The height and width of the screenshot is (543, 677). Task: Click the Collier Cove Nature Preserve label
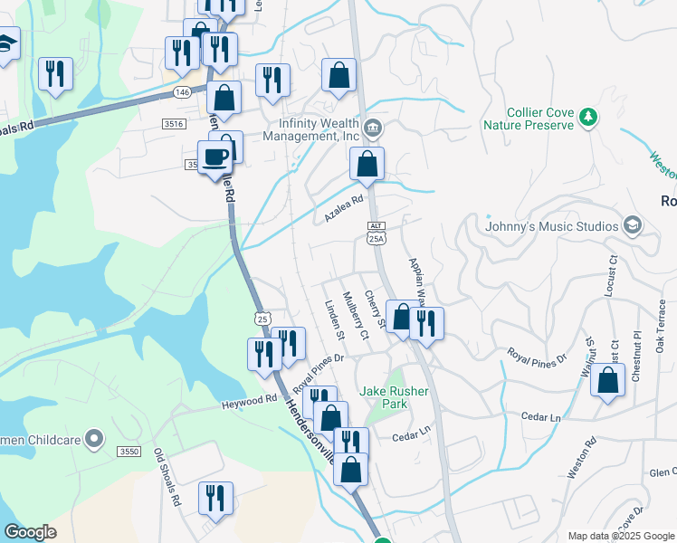pyautogui.click(x=529, y=119)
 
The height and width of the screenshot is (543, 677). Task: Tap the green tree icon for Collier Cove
pyautogui.click(x=588, y=117)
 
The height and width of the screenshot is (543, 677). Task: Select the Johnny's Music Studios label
pyautogui.click(x=552, y=226)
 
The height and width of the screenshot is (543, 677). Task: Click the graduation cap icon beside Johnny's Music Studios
pyautogui.click(x=632, y=225)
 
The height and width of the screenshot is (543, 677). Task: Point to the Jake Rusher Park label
pyautogui.click(x=396, y=397)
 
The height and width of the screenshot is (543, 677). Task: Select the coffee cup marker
pyautogui.click(x=215, y=158)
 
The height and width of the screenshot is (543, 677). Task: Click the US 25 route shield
pyautogui.click(x=262, y=319)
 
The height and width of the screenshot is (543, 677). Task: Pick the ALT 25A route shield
pyautogui.click(x=377, y=233)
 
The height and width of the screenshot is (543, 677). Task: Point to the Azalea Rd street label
pyautogui.click(x=343, y=210)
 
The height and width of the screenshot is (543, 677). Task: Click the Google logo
pyautogui.click(x=30, y=532)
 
